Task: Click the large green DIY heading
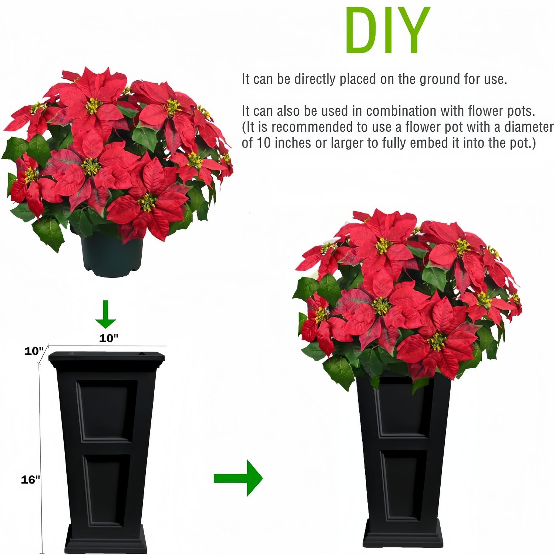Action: (x=387, y=30)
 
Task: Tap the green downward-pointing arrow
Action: (x=106, y=315)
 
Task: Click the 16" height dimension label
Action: (x=30, y=480)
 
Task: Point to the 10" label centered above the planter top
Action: (x=108, y=338)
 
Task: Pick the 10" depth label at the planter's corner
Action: (x=34, y=351)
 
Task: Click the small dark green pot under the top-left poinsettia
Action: (x=112, y=255)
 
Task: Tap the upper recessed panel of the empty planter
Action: (x=105, y=411)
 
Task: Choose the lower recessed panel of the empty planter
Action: (x=106, y=490)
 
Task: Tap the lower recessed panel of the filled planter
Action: (x=401, y=485)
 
